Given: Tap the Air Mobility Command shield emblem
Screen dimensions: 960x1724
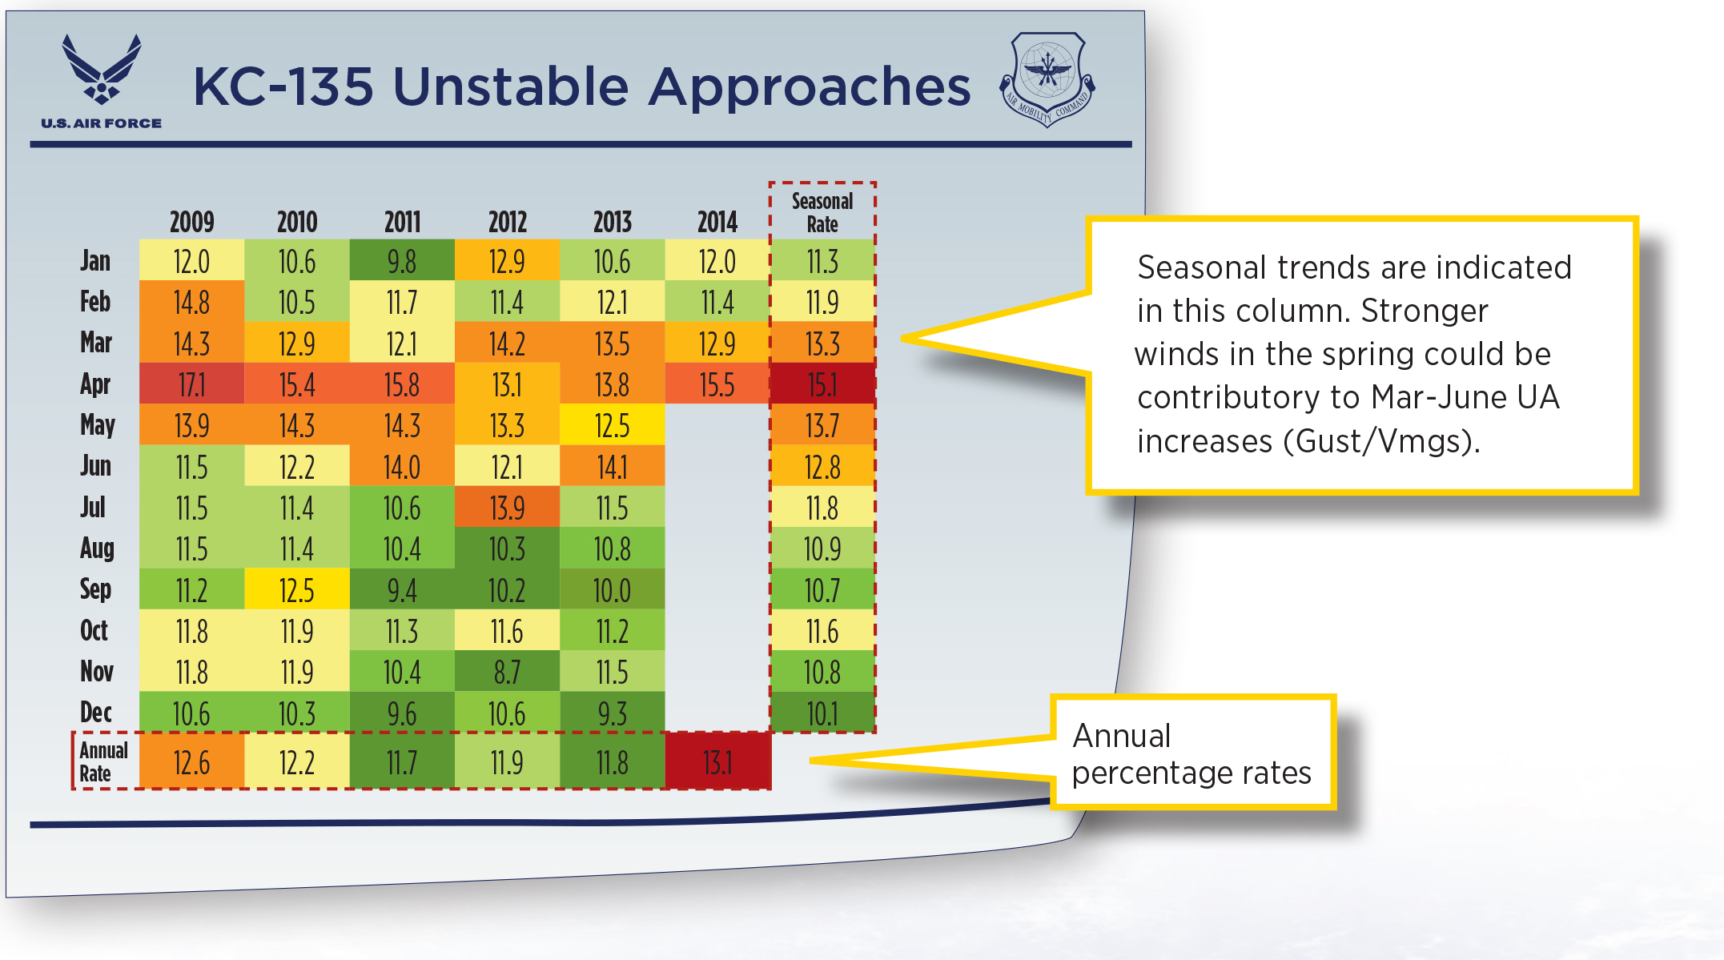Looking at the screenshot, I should [x=1047, y=78].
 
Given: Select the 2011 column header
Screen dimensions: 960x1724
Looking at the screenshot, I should [x=402, y=222].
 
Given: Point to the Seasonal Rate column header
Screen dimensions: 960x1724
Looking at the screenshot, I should [x=822, y=212].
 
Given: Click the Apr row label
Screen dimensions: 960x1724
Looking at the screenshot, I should [x=95, y=384].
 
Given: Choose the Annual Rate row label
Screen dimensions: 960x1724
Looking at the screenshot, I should [x=103, y=761].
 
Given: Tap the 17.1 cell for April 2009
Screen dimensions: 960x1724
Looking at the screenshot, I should [x=191, y=385].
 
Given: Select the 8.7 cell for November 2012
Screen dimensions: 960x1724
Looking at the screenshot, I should [x=507, y=672].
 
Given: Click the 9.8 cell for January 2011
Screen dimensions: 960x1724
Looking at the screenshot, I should [x=402, y=261].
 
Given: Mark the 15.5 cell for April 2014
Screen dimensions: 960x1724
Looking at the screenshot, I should [x=717, y=385].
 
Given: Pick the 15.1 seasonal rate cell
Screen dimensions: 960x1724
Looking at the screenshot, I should [x=822, y=385].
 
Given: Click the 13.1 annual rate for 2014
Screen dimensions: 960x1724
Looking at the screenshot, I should [x=717, y=762].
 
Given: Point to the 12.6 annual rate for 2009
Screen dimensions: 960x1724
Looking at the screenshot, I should [x=191, y=762].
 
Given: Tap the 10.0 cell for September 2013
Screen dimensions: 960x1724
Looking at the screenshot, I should [x=612, y=590].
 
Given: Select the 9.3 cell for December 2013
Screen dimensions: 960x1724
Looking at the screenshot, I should [x=612, y=713].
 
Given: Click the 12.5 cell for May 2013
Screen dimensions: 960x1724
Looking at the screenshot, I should [x=612, y=426].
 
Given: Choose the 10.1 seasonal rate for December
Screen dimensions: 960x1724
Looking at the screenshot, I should [x=822, y=713].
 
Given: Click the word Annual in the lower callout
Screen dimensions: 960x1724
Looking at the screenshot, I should [x=1121, y=736].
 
